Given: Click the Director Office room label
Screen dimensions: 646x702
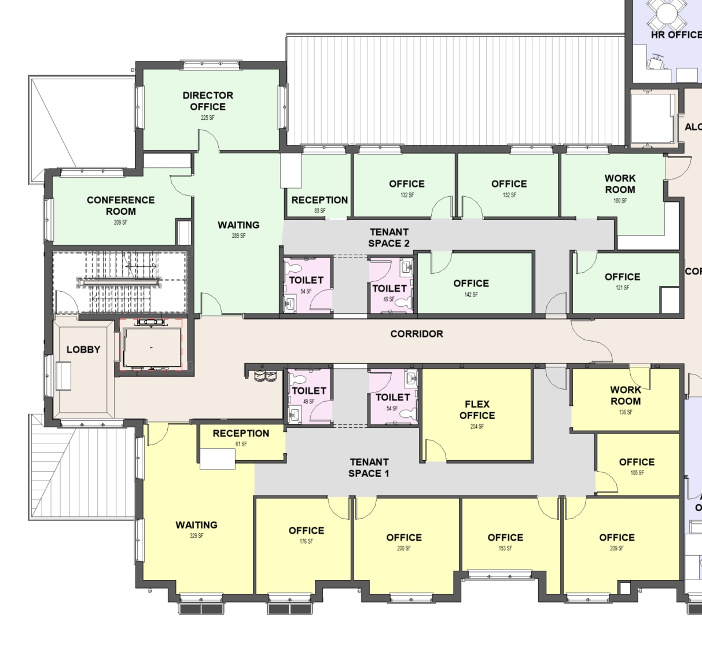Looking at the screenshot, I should click(x=208, y=101).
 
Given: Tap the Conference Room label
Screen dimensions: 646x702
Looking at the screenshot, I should click(x=120, y=205).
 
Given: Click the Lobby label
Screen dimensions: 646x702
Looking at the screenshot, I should click(x=83, y=350).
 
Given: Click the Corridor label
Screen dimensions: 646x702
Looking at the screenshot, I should click(x=416, y=334).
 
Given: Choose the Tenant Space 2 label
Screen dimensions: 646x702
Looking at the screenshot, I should click(x=389, y=237).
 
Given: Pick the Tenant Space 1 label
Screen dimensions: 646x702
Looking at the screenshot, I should click(x=369, y=468).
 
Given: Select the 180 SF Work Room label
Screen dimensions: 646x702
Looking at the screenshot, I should click(x=620, y=184).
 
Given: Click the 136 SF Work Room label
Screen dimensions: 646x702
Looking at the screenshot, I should click(x=626, y=396).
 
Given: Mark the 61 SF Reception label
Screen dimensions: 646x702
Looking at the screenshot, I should click(x=241, y=434).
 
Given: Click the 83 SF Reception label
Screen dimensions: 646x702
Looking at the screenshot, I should click(x=319, y=200).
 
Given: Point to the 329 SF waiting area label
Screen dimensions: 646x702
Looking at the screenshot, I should click(x=197, y=526).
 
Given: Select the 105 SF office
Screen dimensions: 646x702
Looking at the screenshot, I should click(x=637, y=463).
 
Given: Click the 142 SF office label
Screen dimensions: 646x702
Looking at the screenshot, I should click(x=471, y=284).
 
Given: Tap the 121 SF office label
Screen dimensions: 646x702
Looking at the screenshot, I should click(x=622, y=277).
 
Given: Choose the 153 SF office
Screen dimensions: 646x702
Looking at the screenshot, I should click(x=505, y=538).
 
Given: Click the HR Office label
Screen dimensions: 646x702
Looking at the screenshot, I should click(x=675, y=35).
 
